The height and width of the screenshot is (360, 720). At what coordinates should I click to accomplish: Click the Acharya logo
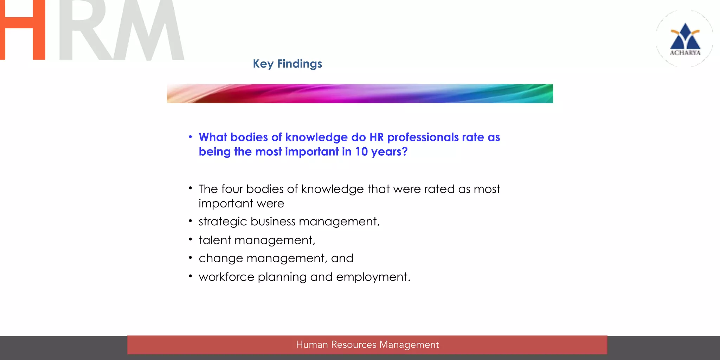pyautogui.click(x=685, y=39)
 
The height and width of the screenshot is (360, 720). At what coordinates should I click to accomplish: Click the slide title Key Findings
pyautogui.click(x=287, y=64)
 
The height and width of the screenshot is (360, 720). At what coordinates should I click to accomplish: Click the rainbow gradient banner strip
pyautogui.click(x=360, y=94)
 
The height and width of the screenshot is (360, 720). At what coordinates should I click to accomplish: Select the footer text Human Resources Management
pyautogui.click(x=367, y=345)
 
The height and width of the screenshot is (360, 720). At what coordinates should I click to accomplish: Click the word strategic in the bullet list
pyautogui.click(x=223, y=221)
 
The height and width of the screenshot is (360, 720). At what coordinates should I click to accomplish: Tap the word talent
pyautogui.click(x=214, y=240)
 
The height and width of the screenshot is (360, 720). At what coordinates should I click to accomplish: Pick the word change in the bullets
pyautogui.click(x=221, y=259)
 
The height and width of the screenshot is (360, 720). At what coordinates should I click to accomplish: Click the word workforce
pyautogui.click(x=226, y=277)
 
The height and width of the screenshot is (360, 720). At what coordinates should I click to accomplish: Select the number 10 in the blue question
pyautogui.click(x=361, y=152)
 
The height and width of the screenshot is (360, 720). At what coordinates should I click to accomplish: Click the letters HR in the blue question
pyautogui.click(x=377, y=137)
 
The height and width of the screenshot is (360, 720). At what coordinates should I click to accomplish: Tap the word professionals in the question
pyautogui.click(x=423, y=137)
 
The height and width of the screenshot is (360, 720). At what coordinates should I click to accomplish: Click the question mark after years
pyautogui.click(x=405, y=152)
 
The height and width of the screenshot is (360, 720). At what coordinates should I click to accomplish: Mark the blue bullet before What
pyautogui.click(x=190, y=137)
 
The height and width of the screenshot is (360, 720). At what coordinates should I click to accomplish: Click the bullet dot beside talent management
pyautogui.click(x=190, y=240)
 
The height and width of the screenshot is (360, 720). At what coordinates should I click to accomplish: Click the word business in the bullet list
pyautogui.click(x=273, y=221)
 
